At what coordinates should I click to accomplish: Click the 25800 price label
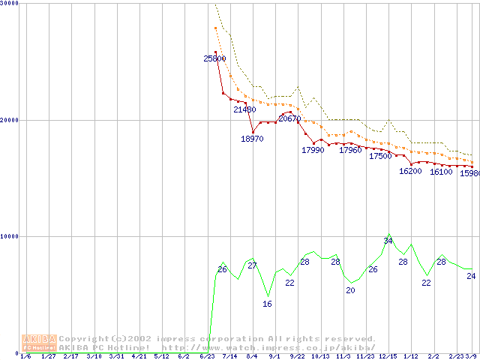214,58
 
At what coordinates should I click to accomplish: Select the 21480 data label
244,109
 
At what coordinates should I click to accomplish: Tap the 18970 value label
252,139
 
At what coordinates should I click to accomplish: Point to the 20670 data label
289,118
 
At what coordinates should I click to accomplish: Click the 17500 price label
380,156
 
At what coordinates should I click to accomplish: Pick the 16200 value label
410,171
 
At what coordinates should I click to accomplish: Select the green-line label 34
388,240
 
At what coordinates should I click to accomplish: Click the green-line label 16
267,304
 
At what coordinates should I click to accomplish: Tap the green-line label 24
471,276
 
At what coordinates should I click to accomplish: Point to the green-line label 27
252,265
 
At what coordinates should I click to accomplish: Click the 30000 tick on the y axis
10,4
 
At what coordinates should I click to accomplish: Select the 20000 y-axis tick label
10,120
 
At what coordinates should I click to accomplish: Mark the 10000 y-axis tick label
10,236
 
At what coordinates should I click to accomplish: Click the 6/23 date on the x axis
206,356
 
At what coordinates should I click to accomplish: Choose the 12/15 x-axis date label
388,356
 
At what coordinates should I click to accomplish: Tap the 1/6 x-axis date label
25,356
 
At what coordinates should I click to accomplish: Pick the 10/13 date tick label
320,356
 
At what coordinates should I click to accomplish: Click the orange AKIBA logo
39,343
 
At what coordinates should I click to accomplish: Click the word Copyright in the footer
85,339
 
